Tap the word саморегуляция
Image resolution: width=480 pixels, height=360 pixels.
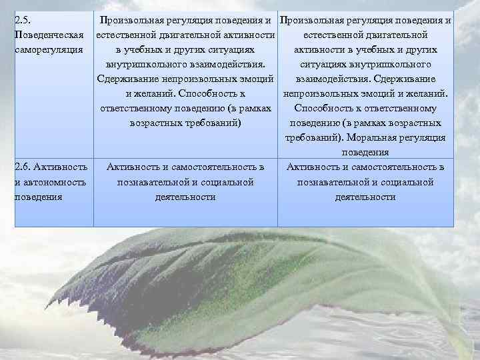click(48, 49)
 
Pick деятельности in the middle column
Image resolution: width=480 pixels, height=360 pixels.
click(185, 197)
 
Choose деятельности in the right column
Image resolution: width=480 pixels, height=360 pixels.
click(365, 197)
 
